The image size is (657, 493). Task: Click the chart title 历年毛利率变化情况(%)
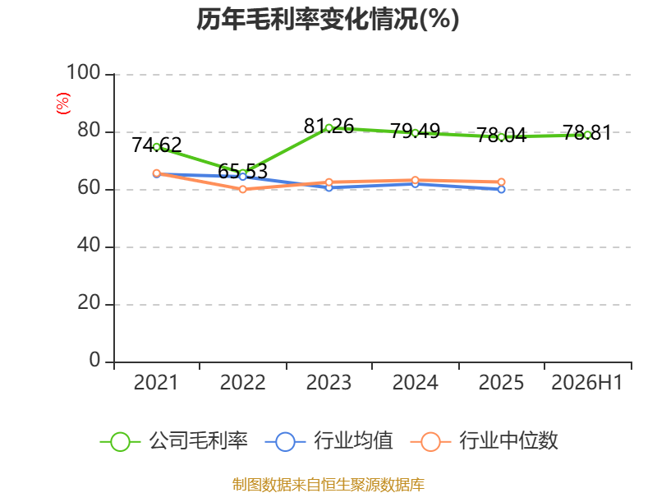click(328, 19)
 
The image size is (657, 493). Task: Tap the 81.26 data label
click(329, 127)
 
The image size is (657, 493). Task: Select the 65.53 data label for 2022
click(242, 172)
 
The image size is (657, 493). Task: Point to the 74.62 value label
click(157, 145)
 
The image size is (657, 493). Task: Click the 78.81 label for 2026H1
click(587, 133)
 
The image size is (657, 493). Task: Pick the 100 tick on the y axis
click(84, 72)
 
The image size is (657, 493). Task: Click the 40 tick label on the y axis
click(89, 245)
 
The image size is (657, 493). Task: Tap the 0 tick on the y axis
click(94, 360)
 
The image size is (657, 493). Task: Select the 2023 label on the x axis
click(329, 383)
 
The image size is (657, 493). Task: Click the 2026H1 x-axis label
click(587, 383)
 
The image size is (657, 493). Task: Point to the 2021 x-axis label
click(156, 383)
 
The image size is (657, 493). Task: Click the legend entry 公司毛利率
click(174, 441)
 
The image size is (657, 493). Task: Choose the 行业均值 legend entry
click(329, 441)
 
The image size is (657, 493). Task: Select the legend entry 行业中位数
click(485, 441)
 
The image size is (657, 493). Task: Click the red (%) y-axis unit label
click(63, 104)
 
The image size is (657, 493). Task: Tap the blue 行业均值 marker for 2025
click(501, 190)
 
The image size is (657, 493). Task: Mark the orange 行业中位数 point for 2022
click(242, 189)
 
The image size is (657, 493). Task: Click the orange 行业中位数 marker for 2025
click(501, 182)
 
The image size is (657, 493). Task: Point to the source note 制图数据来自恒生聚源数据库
click(328, 485)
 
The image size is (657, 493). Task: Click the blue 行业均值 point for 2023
click(329, 187)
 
